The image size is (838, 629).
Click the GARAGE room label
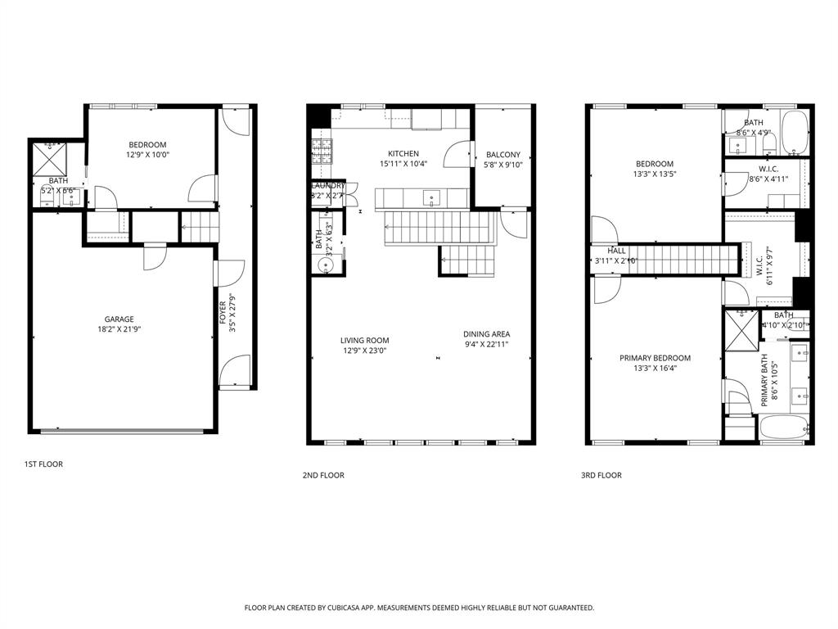[x=119, y=319]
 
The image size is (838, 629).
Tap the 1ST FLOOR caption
[x=43, y=464]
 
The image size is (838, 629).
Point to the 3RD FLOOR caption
[x=601, y=475]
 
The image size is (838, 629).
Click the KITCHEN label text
[x=403, y=153]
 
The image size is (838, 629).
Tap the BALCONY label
[x=502, y=155]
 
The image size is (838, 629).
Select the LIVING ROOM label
[x=365, y=340]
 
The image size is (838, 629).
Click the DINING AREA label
[x=487, y=334]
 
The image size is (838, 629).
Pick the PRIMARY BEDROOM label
[x=655, y=358]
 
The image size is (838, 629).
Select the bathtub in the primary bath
[x=783, y=428]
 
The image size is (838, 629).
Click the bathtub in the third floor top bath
[x=794, y=133]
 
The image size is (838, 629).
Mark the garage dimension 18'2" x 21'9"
[x=119, y=330]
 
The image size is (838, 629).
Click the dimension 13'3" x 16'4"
[x=655, y=369]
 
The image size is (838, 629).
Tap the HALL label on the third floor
[x=616, y=251]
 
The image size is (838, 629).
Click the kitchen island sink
[x=432, y=197]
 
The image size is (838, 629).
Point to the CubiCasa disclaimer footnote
[x=419, y=608]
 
